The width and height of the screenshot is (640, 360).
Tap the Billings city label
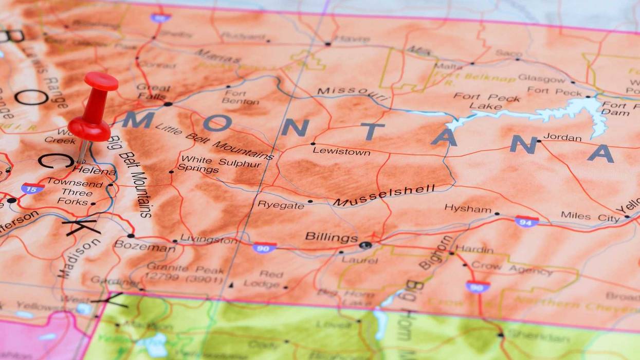tap(331, 237)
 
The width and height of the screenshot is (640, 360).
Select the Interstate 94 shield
tap(526, 221)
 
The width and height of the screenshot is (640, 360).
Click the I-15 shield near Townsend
tap(32, 188)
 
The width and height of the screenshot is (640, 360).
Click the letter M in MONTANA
tap(137, 119)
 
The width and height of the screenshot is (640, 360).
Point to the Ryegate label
tap(280, 205)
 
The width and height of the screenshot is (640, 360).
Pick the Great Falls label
tap(153, 92)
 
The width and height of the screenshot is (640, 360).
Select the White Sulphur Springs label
tap(218, 165)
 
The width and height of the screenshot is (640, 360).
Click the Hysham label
tap(468, 208)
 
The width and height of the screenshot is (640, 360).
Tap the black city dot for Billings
tap(365, 245)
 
